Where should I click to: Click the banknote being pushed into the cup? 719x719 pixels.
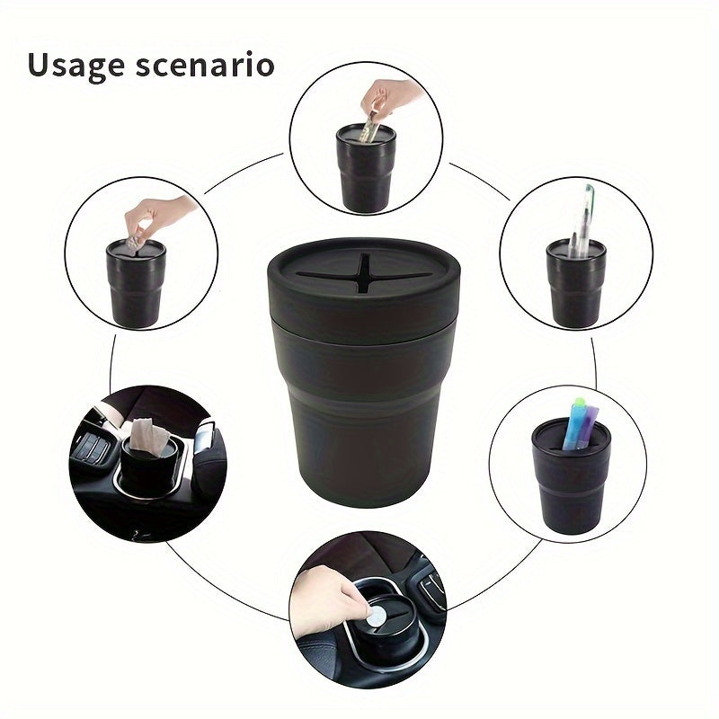pyautogui.click(x=367, y=131)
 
